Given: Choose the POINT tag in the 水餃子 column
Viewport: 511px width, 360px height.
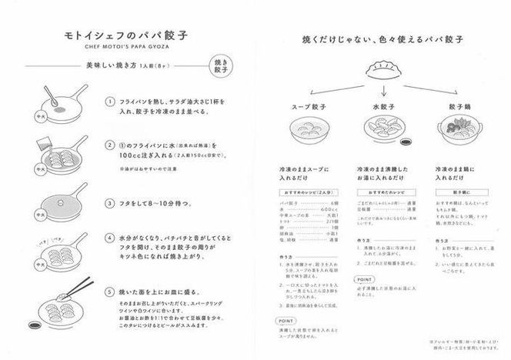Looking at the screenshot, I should (366, 280).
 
